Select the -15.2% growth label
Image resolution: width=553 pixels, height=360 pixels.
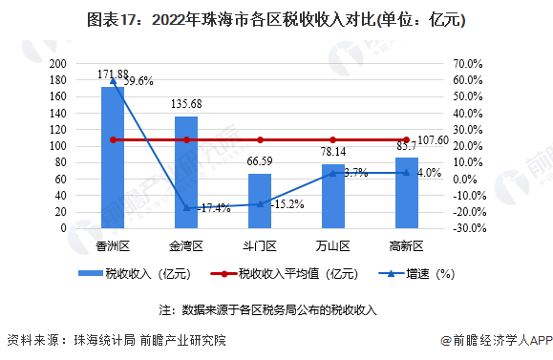(287, 203)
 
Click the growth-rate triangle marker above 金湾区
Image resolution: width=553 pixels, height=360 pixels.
(186, 208)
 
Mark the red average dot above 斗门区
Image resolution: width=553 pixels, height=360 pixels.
(259, 140)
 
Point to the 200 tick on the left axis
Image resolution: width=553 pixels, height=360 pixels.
(58, 63)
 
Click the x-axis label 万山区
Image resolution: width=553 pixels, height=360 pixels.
(332, 246)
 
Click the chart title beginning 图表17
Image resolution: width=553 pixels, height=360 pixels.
(276, 19)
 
